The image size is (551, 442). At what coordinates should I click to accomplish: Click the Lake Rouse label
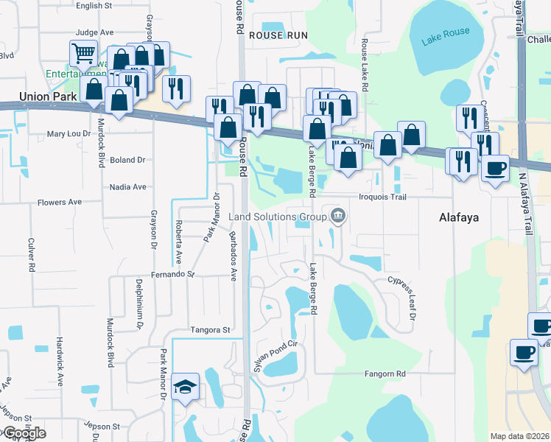(x=445, y=38)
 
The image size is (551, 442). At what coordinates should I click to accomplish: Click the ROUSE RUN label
(x=277, y=35)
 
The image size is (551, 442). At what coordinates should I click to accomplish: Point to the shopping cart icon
(x=83, y=53)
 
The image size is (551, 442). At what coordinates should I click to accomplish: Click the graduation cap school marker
(x=185, y=386)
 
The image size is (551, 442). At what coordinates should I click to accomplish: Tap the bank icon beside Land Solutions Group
(x=338, y=216)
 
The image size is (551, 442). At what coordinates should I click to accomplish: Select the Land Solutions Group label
(x=277, y=217)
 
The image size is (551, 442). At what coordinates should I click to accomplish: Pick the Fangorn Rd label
(x=385, y=374)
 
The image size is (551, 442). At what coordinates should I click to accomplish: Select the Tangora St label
(x=211, y=330)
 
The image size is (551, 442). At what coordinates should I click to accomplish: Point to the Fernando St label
(x=174, y=274)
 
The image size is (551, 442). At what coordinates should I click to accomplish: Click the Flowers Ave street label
(x=60, y=202)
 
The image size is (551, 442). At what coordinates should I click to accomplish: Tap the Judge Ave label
(x=94, y=32)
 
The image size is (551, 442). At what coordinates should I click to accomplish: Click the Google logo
(x=24, y=433)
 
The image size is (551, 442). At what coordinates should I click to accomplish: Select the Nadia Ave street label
(x=127, y=187)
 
